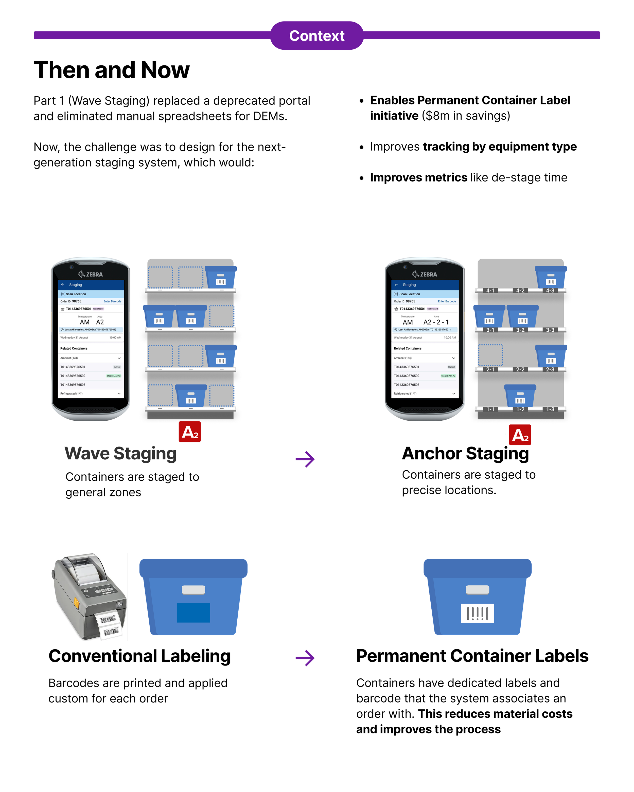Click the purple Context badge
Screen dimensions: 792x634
316,36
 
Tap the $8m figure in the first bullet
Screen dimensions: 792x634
435,116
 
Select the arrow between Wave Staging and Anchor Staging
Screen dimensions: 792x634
305,459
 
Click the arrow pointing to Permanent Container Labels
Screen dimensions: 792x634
305,658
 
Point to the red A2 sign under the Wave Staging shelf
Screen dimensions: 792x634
190,432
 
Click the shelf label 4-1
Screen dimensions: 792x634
490,291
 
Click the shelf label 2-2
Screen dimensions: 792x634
520,370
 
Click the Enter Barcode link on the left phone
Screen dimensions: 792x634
112,301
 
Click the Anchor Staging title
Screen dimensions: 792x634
465,453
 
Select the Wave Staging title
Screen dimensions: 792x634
120,453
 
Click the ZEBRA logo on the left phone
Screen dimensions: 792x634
91,274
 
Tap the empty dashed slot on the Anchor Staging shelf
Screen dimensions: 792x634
490,355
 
